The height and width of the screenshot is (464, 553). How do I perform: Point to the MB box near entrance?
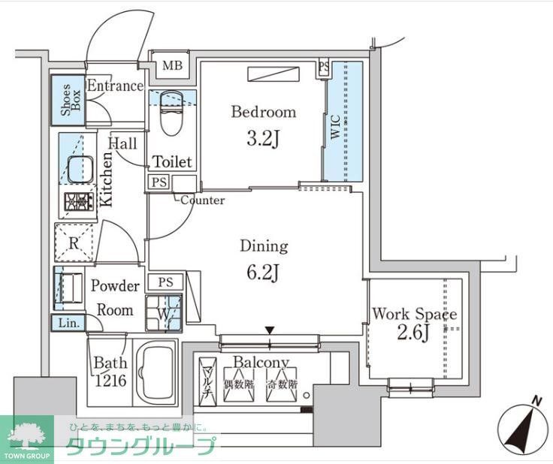[172, 66]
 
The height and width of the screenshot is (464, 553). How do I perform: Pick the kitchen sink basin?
[80, 170]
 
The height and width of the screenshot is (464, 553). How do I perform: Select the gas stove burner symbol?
[79, 201]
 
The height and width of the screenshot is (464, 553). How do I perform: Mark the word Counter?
[202, 200]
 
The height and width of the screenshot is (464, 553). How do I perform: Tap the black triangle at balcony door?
[269, 330]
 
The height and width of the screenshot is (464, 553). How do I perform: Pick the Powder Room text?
[114, 298]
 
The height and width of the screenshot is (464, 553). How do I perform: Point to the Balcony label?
[261, 362]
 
